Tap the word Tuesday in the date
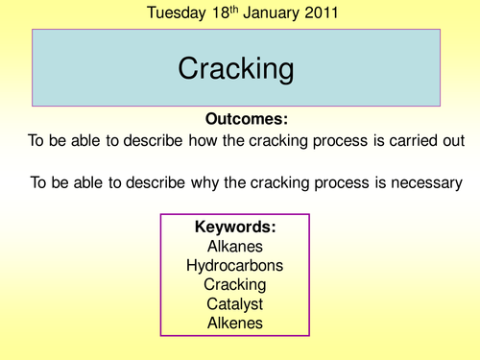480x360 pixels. pyautogui.click(x=177, y=13)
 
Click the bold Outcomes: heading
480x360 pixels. pyautogui.click(x=247, y=119)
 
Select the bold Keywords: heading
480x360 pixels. pyautogui.click(x=235, y=228)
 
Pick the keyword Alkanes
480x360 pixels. pyautogui.click(x=235, y=246)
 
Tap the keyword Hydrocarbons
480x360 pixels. pyautogui.click(x=235, y=265)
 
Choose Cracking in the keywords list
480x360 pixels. pyautogui.click(x=235, y=285)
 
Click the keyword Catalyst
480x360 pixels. pyautogui.click(x=235, y=304)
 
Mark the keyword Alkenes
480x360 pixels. pyautogui.click(x=235, y=324)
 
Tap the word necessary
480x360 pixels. pyautogui.click(x=423, y=181)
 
